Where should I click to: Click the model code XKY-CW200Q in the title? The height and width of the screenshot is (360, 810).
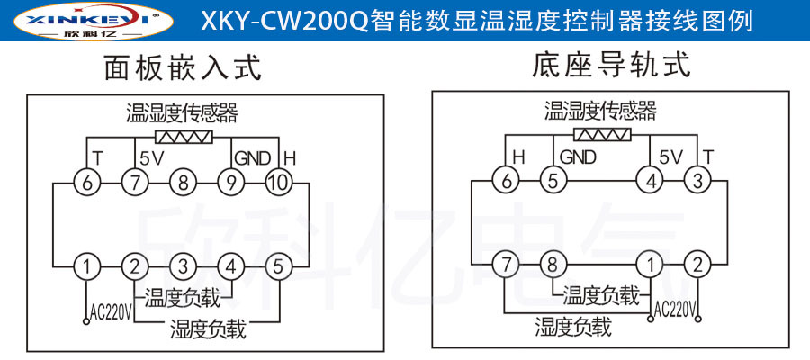click(270, 20)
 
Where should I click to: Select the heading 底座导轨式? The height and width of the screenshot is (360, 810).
click(612, 66)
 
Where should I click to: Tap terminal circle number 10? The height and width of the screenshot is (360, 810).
click(278, 184)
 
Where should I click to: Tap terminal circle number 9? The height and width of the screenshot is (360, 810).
click(230, 184)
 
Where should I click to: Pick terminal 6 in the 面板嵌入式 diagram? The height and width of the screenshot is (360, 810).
click(87, 184)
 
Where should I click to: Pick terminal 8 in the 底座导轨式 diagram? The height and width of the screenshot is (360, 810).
click(552, 265)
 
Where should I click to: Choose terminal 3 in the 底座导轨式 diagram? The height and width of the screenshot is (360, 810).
click(696, 181)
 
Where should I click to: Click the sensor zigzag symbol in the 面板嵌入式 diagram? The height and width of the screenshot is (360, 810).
click(184, 139)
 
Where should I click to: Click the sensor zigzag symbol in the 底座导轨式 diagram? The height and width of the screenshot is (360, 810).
click(602, 136)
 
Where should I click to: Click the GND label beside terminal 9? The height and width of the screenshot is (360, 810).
click(253, 158)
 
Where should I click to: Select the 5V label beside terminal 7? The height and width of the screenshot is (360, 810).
click(152, 158)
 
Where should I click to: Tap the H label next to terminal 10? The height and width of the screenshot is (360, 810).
click(289, 158)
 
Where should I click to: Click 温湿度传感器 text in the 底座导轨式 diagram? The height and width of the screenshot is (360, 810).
click(600, 111)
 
